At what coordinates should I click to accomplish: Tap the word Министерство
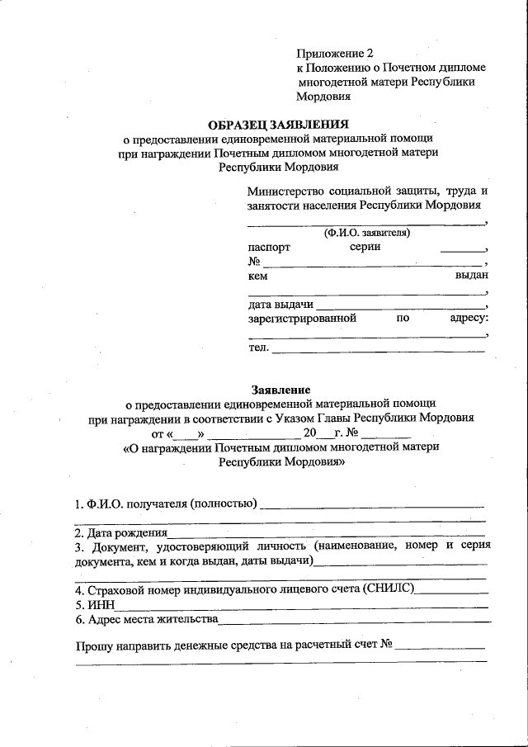click(285, 191)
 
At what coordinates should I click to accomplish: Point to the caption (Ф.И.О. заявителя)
click(367, 233)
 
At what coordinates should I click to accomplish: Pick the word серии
click(365, 247)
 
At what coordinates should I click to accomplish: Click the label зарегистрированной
click(302, 318)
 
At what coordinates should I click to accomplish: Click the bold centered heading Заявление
click(280, 389)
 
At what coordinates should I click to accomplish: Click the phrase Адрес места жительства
click(152, 618)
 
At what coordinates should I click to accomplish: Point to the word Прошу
click(94, 647)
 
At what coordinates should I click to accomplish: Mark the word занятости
click(275, 206)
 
